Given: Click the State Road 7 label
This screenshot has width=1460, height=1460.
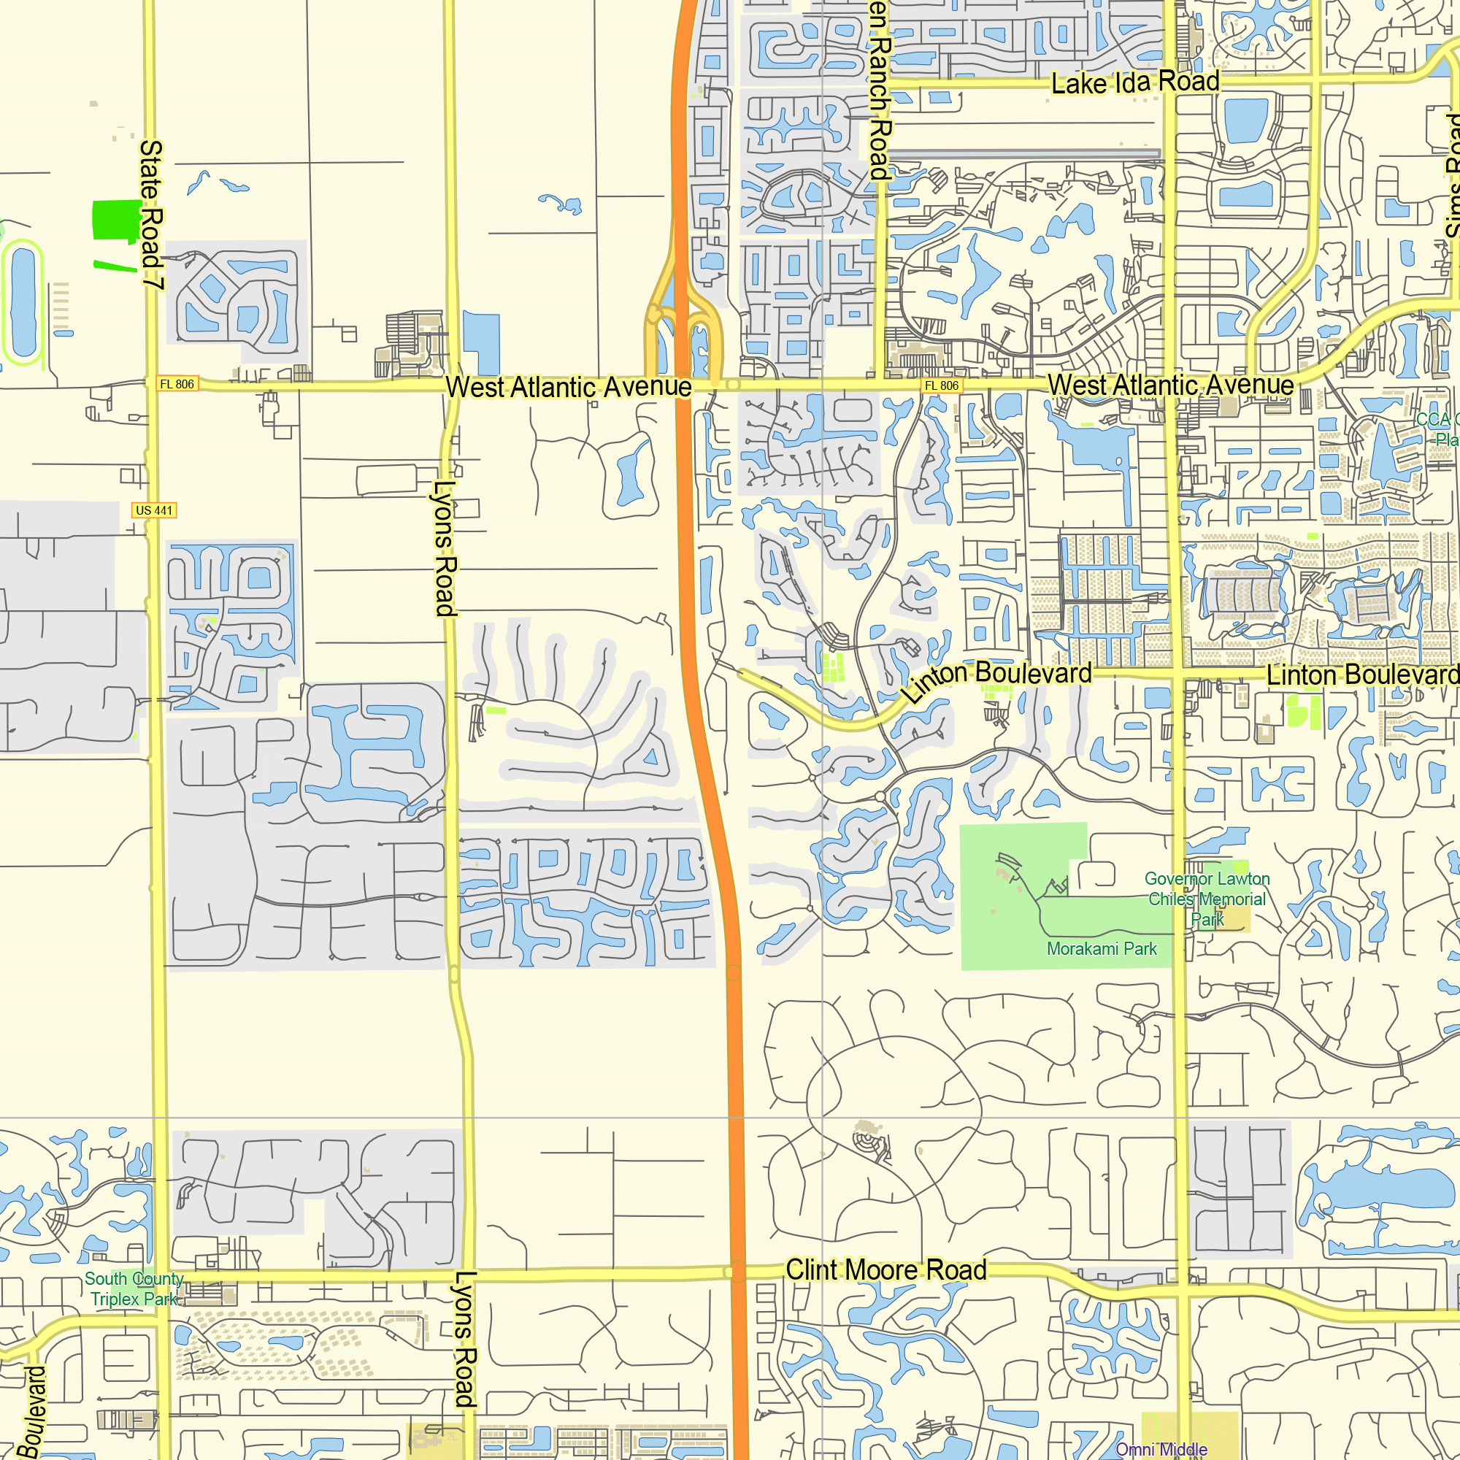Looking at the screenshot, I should point(151,215).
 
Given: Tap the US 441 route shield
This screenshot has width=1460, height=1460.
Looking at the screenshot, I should point(154,511).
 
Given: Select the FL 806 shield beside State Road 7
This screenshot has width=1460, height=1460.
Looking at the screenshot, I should point(177,384).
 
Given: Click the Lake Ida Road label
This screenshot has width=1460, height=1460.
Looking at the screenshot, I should point(1135,82).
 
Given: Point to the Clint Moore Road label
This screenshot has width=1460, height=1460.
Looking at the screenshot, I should point(885,1270).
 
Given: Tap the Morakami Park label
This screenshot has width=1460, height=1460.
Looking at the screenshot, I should point(1101,949).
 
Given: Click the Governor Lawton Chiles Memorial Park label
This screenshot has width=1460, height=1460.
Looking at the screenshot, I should point(1207,899).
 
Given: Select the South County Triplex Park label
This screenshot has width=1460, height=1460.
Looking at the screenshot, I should point(134,1288).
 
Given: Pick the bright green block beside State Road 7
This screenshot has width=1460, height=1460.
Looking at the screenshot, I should point(115,220).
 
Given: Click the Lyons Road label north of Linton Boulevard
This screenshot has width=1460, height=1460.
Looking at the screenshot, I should point(445,548).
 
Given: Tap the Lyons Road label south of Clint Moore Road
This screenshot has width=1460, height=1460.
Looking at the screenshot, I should point(464,1338).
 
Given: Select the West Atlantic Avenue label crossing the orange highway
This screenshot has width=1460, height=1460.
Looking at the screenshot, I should point(568,387).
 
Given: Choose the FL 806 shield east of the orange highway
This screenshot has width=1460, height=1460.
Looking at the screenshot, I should point(942,385).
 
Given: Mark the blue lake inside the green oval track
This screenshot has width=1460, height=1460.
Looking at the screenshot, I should point(23,302).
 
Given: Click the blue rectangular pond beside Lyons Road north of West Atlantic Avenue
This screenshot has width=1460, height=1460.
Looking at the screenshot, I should point(481,342).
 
